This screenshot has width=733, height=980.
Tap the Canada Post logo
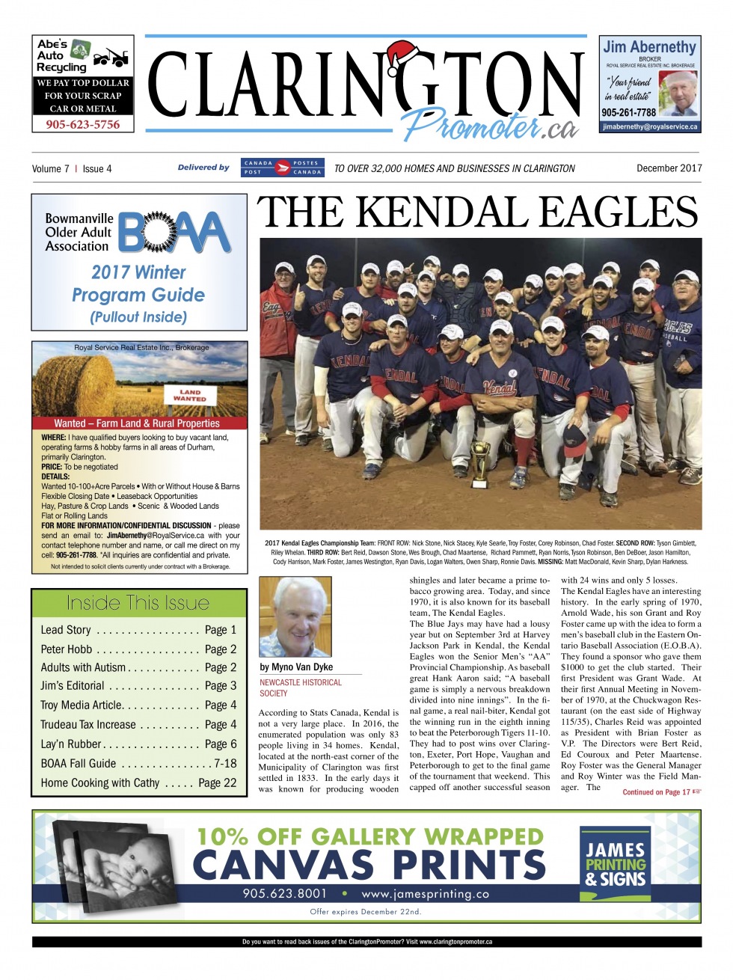coord(283,167)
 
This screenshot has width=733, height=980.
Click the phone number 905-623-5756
coord(82,124)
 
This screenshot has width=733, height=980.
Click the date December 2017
coord(669,168)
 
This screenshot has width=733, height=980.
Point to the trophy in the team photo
coord(480,456)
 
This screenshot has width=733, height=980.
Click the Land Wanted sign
coord(190,394)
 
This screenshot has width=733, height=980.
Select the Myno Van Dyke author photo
coord(295,616)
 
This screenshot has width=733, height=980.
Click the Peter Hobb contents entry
coord(138,649)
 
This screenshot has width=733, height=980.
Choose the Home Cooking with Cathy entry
coord(138,783)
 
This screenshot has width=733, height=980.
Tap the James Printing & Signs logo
coord(615,864)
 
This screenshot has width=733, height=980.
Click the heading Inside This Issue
coord(138,603)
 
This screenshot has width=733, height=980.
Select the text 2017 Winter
coord(138,272)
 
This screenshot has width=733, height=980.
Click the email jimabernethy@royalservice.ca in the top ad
coord(650,126)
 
